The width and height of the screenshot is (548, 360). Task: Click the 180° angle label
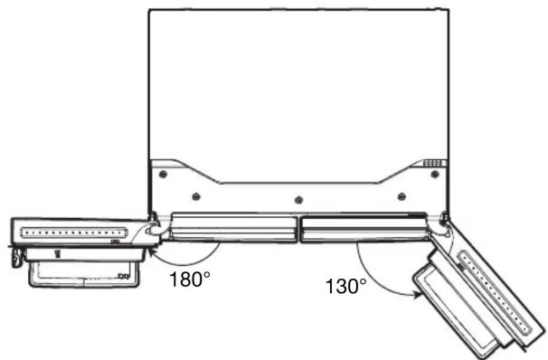(190, 279)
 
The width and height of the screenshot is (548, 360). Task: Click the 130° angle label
(346, 286)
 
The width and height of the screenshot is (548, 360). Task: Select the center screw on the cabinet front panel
(298, 200)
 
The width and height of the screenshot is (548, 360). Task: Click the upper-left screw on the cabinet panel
(163, 174)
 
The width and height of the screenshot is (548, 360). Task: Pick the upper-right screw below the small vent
(434, 174)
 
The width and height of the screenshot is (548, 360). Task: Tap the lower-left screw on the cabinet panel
(196, 196)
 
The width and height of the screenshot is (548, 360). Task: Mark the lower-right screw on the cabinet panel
(402, 196)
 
